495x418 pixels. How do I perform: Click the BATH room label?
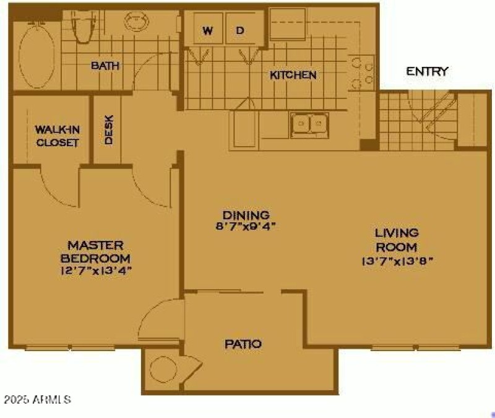point(105,66)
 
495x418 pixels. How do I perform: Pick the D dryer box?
point(241,30)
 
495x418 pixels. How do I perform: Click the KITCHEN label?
point(293,75)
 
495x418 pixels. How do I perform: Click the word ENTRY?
point(427,72)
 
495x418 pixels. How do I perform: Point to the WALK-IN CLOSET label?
point(56,136)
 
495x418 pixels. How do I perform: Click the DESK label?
point(109,131)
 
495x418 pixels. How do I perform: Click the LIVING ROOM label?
point(397,240)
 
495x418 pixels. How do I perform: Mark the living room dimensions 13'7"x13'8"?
point(397,261)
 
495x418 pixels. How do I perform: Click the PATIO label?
point(243,344)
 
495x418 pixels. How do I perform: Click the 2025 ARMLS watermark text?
point(37,399)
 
